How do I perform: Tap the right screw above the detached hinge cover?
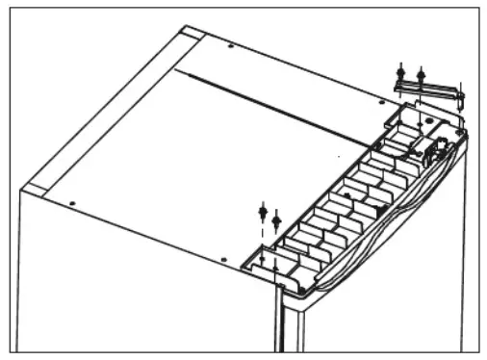point(420,72)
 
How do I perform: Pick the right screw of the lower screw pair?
point(276,219)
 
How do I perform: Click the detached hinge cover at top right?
point(428,90)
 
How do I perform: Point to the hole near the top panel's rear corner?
point(231,46)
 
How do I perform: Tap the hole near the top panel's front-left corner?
point(73,202)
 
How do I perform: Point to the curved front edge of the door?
point(385,231)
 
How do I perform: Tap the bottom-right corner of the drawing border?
point(476,347)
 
